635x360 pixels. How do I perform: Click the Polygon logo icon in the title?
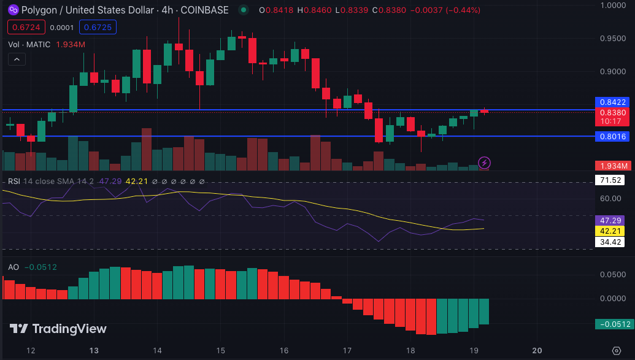click(x=12, y=10)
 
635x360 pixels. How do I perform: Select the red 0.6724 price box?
click(x=25, y=28)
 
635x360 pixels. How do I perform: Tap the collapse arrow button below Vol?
click(x=17, y=59)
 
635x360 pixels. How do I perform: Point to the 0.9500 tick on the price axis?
click(x=614, y=39)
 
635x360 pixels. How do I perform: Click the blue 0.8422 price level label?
click(x=613, y=102)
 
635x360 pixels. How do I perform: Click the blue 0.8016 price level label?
click(x=613, y=136)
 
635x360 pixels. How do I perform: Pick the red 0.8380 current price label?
click(x=613, y=112)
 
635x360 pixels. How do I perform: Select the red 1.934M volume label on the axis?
click(x=613, y=166)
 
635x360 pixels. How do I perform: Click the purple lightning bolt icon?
click(x=484, y=163)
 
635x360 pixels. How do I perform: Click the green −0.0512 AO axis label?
click(x=613, y=324)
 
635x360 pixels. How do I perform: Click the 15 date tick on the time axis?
click(x=220, y=350)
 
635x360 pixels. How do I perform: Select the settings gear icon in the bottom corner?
click(x=617, y=350)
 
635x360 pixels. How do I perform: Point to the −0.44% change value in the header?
click(x=462, y=10)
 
